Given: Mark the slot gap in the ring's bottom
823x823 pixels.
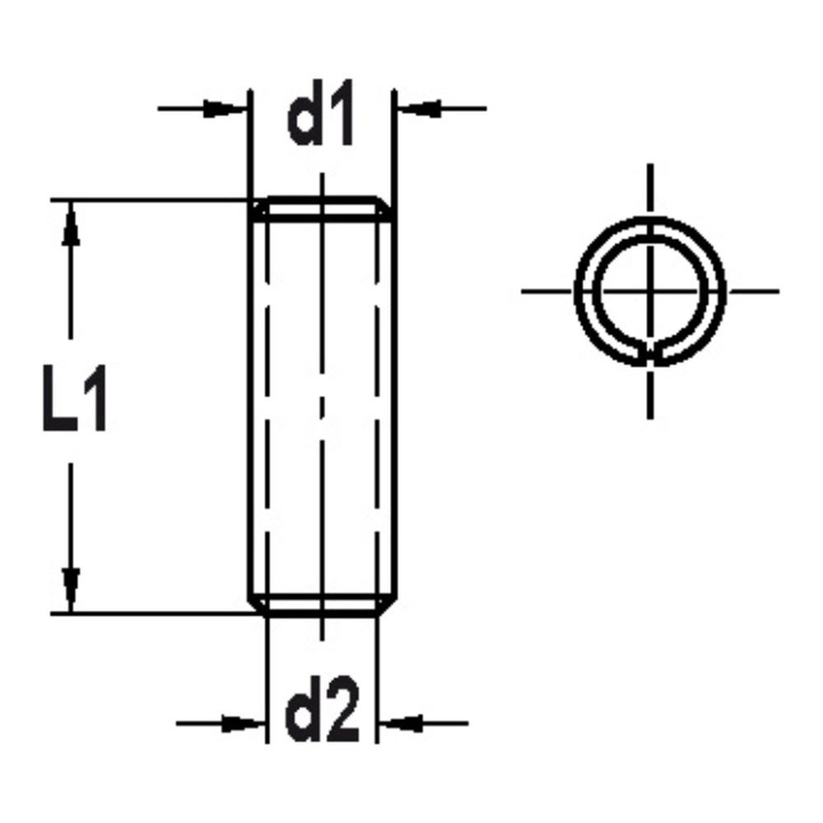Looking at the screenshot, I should pos(650,356).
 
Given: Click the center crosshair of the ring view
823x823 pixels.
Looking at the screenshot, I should pos(650,291).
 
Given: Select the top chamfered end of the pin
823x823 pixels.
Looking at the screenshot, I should pos(322,209).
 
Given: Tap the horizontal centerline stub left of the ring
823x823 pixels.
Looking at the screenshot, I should pos(546,291).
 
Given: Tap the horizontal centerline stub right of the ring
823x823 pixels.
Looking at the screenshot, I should pos(752,291).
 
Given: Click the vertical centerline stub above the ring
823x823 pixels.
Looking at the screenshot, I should pos(650,189).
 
